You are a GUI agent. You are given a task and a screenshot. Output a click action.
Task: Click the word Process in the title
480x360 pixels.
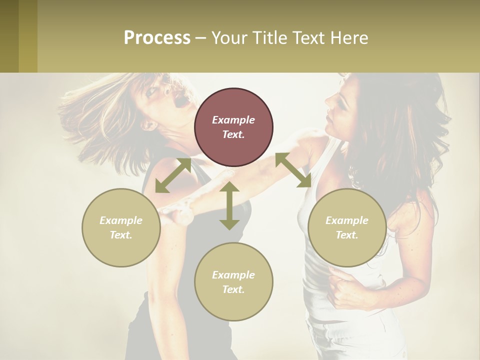click(x=157, y=38)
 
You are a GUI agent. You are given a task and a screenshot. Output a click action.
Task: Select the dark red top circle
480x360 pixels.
click(x=233, y=127)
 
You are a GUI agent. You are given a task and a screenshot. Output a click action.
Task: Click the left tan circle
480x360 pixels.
click(x=121, y=227)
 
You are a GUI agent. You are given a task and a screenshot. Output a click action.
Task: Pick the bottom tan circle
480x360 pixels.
click(x=233, y=282)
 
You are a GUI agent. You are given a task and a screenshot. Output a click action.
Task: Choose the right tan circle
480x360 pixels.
click(x=347, y=227)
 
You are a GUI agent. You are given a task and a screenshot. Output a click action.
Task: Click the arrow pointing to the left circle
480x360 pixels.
click(x=173, y=175)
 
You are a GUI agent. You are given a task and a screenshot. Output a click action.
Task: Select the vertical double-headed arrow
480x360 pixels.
click(x=229, y=205)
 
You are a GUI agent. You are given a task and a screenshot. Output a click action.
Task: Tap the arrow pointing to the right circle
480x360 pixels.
click(x=293, y=170)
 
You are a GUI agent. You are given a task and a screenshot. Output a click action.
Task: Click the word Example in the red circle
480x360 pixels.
click(x=233, y=120)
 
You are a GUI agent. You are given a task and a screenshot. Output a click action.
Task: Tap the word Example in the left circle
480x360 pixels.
click(x=121, y=220)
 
